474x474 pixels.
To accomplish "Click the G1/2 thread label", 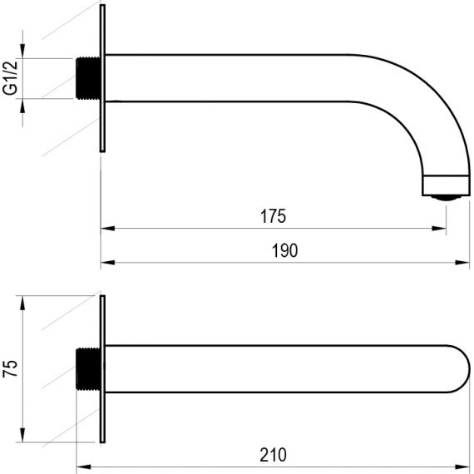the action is [x=10, y=78].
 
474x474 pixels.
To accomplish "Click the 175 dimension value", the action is [x=273, y=216].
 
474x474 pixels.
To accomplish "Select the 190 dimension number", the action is [x=284, y=250].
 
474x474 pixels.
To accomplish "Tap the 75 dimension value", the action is [x=10, y=368].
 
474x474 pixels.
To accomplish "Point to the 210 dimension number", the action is [x=273, y=455].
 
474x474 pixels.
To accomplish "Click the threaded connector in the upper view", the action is [x=87, y=78].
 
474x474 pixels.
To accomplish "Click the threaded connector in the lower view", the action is [x=87, y=368].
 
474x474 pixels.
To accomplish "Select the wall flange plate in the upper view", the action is [x=102, y=78].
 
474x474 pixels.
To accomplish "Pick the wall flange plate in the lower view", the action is [x=102, y=368].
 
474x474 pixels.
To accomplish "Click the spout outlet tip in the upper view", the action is [x=447, y=185].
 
